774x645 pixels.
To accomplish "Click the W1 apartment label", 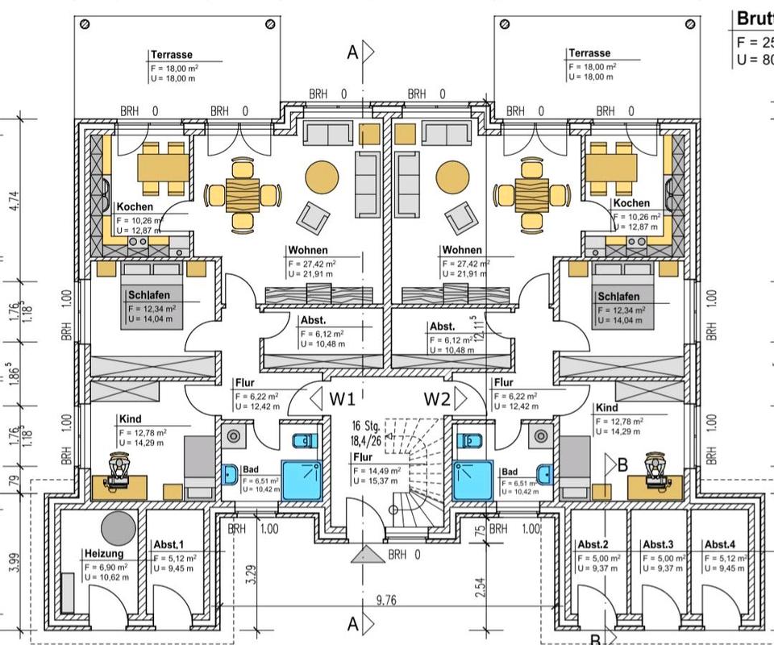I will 342,398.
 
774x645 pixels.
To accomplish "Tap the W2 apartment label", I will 437,398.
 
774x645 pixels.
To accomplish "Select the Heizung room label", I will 104,554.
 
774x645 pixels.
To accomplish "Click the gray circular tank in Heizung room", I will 119,526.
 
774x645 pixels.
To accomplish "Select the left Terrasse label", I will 172,55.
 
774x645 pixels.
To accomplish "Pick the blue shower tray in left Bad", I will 302,481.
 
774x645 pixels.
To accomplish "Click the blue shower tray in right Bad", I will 473,481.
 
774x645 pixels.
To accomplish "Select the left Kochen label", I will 134,206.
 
